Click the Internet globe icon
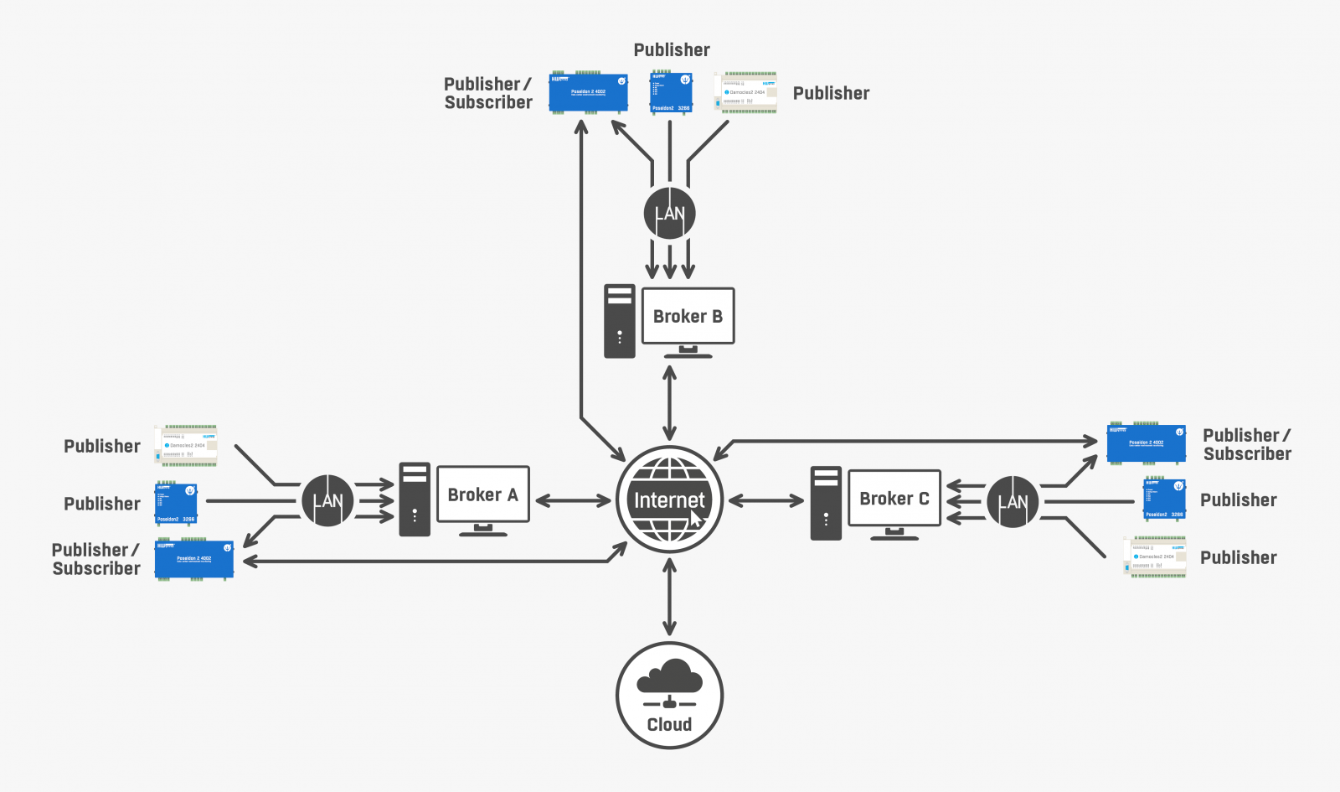(669, 500)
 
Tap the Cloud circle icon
(669, 695)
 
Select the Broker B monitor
(688, 316)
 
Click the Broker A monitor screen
(482, 494)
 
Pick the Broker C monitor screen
(894, 499)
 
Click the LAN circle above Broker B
(669, 213)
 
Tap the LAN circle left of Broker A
(327, 500)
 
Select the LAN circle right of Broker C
(1013, 501)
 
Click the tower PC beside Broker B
(620, 321)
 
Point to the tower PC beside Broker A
(415, 500)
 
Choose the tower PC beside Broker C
(826, 503)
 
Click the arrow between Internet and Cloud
(669, 597)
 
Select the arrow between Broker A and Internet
(573, 501)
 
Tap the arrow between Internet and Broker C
(765, 501)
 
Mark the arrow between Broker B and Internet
(669, 402)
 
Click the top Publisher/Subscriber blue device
(588, 92)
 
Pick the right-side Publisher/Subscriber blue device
(1146, 443)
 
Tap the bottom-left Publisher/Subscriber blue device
(193, 559)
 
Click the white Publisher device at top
(745, 92)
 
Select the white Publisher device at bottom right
(1155, 557)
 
